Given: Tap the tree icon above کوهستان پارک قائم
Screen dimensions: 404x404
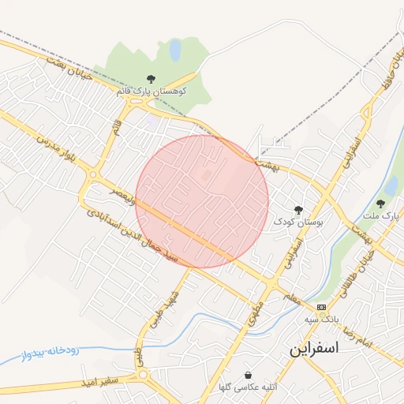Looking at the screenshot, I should coord(151,79).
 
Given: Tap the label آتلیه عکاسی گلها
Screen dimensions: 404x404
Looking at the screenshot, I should coord(249,387).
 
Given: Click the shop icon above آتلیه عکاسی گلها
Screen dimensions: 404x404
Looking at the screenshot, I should coord(249,375).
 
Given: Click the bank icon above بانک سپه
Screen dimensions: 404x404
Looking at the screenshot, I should coord(321,306).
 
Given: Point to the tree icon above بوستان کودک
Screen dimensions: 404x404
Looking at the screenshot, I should coord(298,210).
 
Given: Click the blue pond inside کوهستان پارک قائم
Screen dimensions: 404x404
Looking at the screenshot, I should coord(174,50).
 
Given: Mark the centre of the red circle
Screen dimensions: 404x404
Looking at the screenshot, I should coord(202,201).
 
